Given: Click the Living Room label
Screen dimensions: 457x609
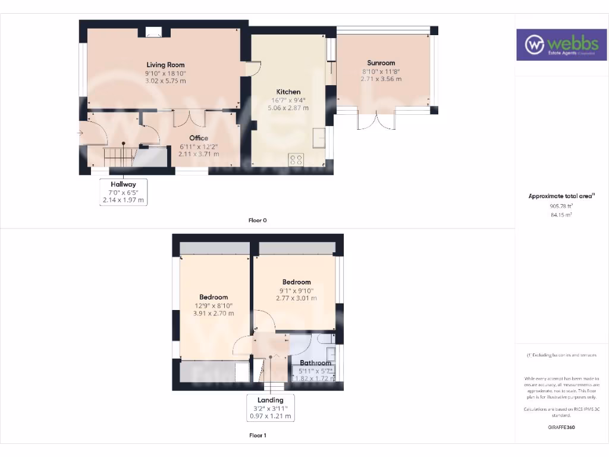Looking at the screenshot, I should point(166,65).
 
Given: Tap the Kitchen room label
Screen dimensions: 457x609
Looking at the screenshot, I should point(288,92).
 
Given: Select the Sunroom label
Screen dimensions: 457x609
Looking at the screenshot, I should point(381,62).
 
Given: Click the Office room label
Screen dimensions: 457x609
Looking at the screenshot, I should point(199,138).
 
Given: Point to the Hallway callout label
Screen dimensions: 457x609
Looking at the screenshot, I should point(123,184).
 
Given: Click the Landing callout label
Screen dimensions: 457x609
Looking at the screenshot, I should point(271,400).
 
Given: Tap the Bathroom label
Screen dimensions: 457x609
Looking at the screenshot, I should point(315,363).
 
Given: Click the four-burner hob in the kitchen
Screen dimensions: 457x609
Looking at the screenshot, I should point(296,159).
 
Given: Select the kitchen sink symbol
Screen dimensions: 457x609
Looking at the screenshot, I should point(319,137).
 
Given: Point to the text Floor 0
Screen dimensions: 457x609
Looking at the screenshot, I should point(258,220).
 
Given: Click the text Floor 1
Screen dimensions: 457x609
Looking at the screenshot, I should point(258,436).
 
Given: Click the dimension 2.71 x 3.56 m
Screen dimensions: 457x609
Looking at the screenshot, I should point(381,79).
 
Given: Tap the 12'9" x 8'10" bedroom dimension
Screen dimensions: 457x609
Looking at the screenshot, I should point(214,305).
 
